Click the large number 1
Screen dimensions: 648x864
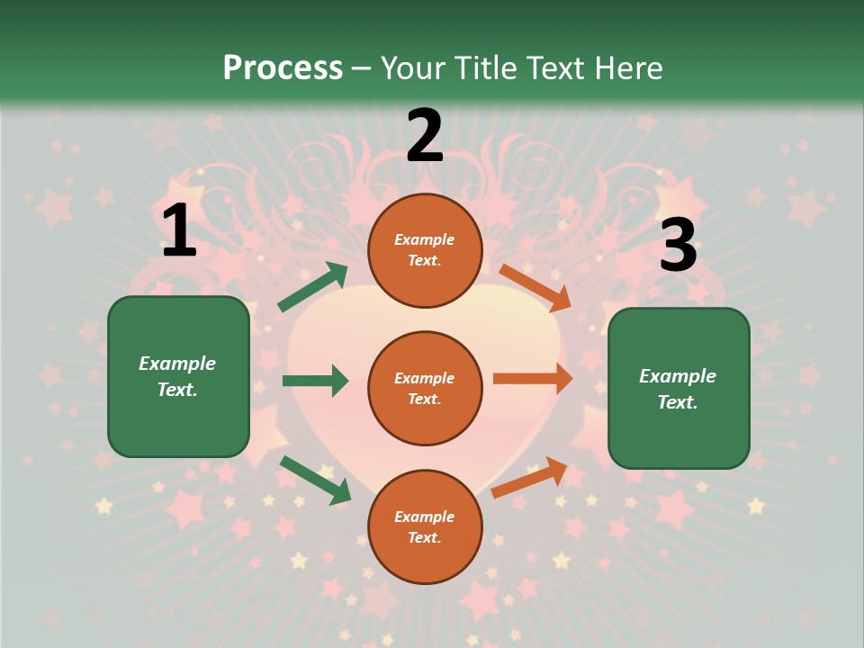(x=179, y=231)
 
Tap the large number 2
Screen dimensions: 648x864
(x=425, y=136)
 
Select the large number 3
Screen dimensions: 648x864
(x=678, y=246)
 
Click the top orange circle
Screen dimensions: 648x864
(x=425, y=250)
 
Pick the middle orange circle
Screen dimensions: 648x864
(x=425, y=388)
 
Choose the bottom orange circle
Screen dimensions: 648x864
(x=425, y=526)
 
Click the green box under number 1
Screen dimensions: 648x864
(x=178, y=376)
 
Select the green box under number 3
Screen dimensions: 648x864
(x=679, y=389)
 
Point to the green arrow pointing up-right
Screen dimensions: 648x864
(x=312, y=287)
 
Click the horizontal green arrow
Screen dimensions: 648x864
(x=315, y=381)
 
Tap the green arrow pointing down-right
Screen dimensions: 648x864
(x=315, y=480)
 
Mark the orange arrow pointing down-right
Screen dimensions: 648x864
(x=535, y=287)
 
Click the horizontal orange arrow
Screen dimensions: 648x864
(x=533, y=379)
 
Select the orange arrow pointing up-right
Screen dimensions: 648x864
(x=530, y=477)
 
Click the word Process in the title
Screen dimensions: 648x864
(x=283, y=67)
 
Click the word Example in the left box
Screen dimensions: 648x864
(x=177, y=364)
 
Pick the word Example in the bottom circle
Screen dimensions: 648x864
(x=425, y=517)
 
